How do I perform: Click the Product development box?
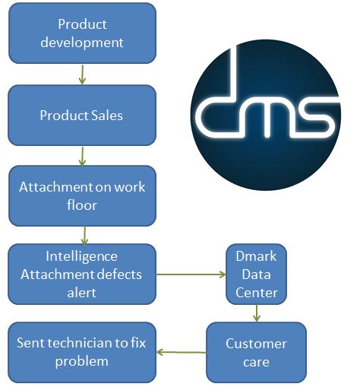pos(82,33)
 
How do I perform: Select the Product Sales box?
pos(82,116)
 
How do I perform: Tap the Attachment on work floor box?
pos(82,196)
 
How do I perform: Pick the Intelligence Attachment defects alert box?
pos(82,274)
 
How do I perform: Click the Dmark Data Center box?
pos(256,274)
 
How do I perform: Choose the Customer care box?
pos(256,353)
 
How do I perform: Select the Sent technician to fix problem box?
pos(82,353)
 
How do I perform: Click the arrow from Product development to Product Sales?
pos(82,75)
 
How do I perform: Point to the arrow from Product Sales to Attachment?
pos(82,157)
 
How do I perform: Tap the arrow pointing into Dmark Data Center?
pos(191,274)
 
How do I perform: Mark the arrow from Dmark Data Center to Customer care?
pos(257,313)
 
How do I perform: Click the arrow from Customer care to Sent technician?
pos(182,352)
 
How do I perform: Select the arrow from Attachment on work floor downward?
pos(84,236)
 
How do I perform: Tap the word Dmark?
pos(256,256)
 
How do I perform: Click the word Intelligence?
pos(81,256)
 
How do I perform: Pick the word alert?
pos(81,293)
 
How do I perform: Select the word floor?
pos(82,205)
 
